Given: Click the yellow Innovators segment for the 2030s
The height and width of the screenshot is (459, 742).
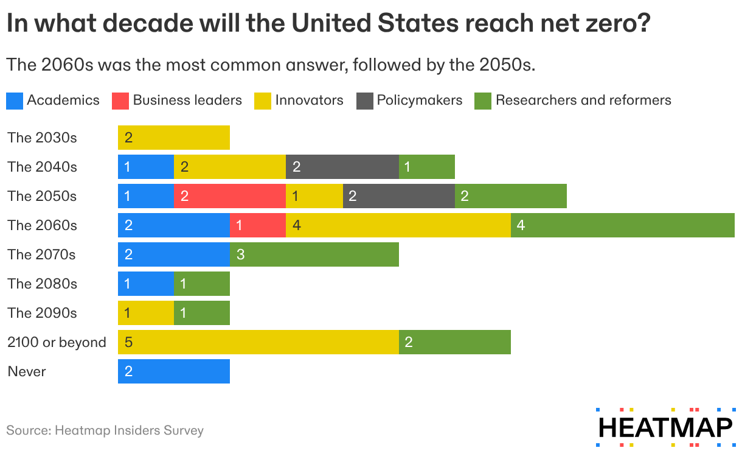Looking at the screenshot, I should point(174,138).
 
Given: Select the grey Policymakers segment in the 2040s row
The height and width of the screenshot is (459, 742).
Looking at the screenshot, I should point(342,167).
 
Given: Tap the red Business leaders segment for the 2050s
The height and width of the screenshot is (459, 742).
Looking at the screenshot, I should point(229,196).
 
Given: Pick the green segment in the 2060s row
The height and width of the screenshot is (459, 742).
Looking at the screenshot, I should point(622,225).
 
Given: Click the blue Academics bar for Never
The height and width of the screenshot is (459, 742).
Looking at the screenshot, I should point(174,371).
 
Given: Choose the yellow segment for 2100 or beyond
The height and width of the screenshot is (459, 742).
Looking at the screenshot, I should point(258,342).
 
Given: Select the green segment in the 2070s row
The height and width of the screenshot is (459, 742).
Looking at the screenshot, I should point(314,254).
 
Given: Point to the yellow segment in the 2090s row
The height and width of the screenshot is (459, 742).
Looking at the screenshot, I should point(146,313).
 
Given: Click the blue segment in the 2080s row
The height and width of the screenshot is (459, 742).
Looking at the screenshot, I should point(146,284).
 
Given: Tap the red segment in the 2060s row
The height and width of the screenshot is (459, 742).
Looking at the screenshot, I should point(258,225).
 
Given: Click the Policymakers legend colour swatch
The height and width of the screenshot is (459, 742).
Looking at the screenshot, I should point(364,100).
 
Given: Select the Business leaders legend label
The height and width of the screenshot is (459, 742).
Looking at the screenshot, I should point(187,100).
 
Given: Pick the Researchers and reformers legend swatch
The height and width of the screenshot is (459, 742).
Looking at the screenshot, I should point(482,100).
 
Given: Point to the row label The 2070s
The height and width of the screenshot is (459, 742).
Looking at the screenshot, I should point(42,254).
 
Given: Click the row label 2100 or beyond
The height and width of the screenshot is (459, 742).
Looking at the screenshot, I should point(57,342).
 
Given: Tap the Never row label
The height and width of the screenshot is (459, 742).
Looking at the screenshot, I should point(27,371).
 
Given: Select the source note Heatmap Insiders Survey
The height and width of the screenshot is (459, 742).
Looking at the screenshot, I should point(105,430).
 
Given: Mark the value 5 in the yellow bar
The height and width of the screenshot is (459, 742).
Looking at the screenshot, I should point(128,342).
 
